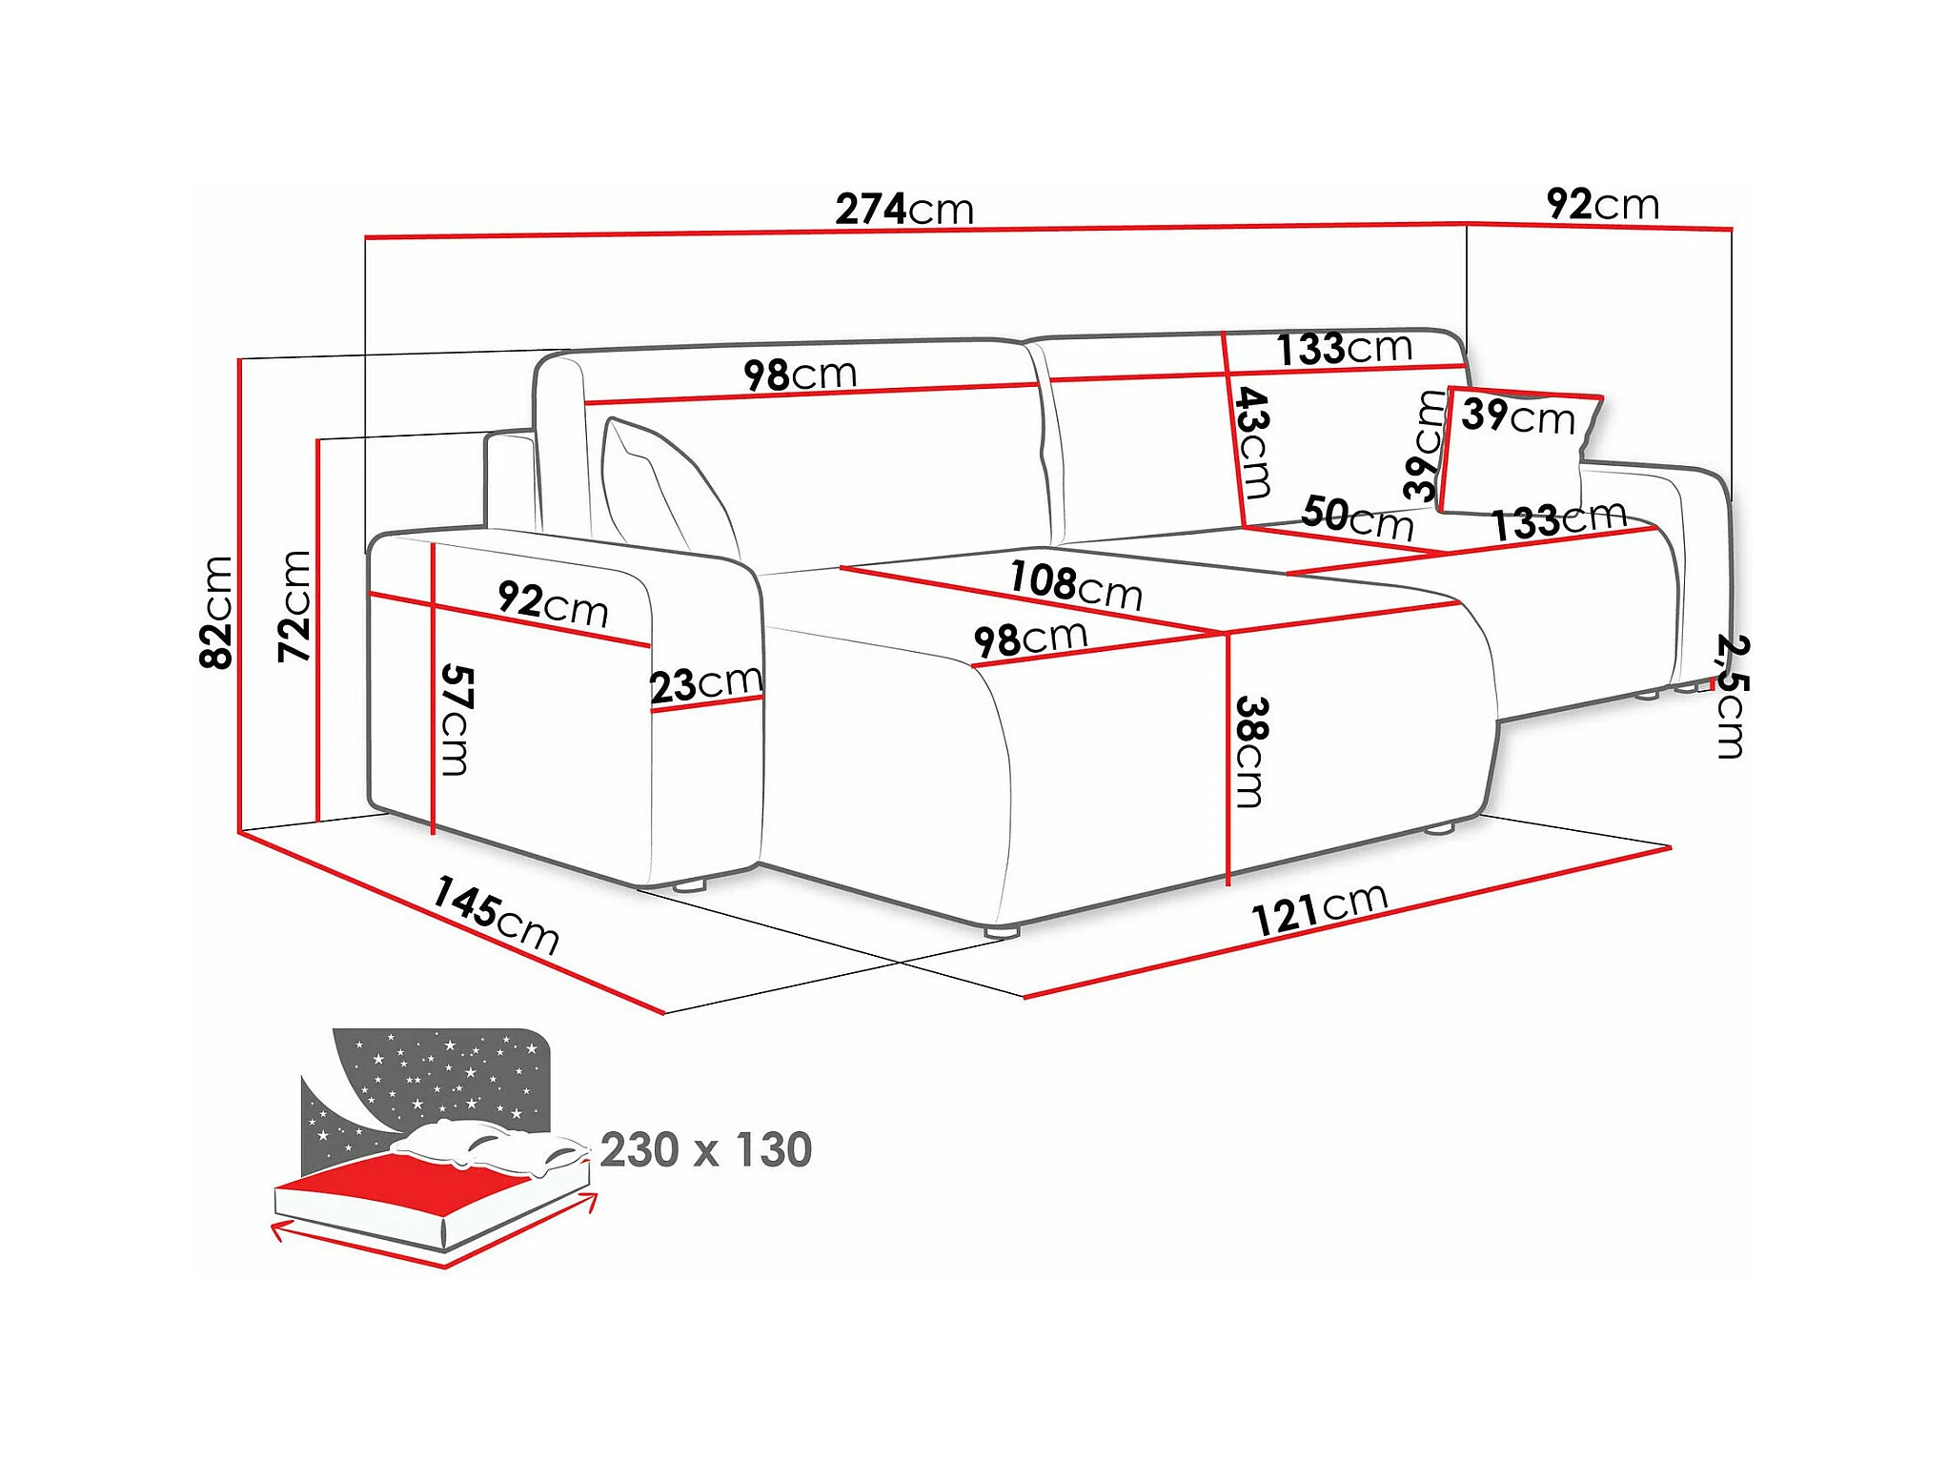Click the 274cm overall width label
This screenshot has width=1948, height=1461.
pyautogui.click(x=903, y=209)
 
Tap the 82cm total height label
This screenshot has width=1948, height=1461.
pyautogui.click(x=217, y=612)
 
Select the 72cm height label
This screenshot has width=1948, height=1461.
pyautogui.click(x=295, y=605)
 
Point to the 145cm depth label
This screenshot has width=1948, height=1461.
pyautogui.click(x=496, y=915)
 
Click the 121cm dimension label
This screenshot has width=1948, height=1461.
pyautogui.click(x=1319, y=909)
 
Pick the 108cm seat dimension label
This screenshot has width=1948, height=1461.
pyautogui.click(x=1075, y=583)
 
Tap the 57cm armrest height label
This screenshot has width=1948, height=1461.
pyautogui.click(x=456, y=720)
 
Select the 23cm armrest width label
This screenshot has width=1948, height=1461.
pyautogui.click(x=705, y=683)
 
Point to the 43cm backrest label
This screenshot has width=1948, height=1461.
pyautogui.click(x=1253, y=442)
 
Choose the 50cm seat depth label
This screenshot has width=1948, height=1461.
pyautogui.click(x=1357, y=517)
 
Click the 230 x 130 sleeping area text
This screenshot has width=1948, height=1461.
pyautogui.click(x=705, y=1149)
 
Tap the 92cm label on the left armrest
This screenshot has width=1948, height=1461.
pyautogui.click(x=553, y=603)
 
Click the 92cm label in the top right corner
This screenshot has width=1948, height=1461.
pyautogui.click(x=1602, y=204)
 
